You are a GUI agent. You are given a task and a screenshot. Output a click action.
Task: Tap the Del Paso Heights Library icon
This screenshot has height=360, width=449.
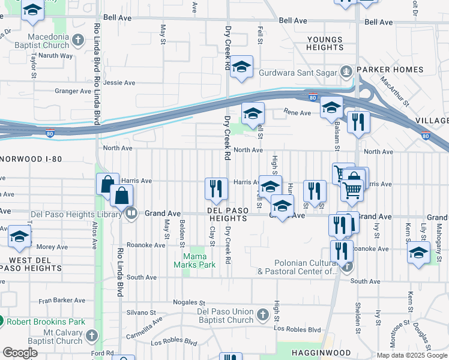[x=130, y=212]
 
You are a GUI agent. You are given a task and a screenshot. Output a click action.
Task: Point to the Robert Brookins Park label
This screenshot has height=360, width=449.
[x=46, y=322]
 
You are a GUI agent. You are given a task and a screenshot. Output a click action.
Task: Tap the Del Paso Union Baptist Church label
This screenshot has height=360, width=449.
[x=225, y=316]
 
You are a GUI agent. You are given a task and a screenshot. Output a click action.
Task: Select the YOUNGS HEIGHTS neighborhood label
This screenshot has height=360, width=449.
[x=324, y=44]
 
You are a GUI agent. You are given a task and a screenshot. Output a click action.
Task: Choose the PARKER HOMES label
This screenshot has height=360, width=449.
[x=390, y=70]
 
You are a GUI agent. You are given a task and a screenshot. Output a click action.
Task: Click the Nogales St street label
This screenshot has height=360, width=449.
[x=189, y=302]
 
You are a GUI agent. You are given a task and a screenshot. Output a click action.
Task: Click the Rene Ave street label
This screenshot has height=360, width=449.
[x=298, y=112]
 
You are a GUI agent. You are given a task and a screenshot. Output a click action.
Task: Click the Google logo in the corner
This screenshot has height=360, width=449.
[x=20, y=353]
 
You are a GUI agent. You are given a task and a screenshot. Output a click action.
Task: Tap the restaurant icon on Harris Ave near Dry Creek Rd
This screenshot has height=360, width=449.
[x=215, y=188]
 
